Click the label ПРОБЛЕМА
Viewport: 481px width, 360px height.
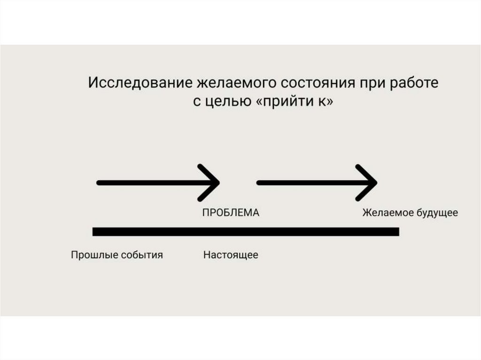pos(231,213)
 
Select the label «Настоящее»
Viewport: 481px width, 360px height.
pos(231,255)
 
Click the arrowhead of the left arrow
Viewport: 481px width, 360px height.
pos(214,183)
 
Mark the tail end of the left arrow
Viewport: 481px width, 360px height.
pos(99,183)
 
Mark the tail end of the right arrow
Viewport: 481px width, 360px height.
pos(259,183)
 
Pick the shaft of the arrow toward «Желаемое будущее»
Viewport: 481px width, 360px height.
pos(310,183)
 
